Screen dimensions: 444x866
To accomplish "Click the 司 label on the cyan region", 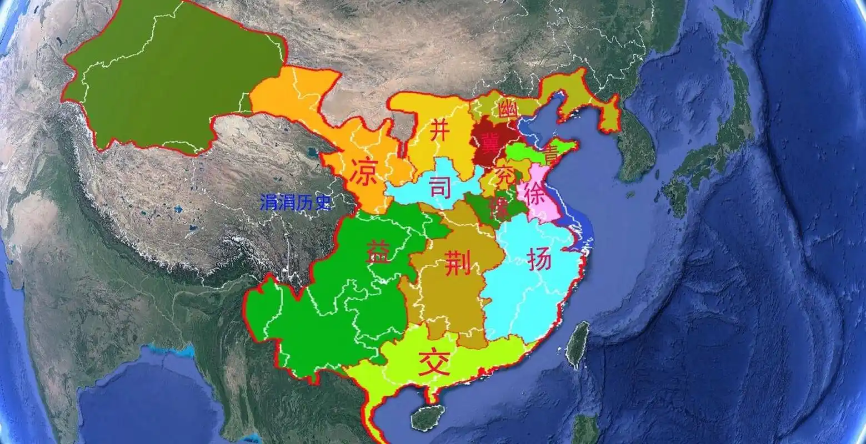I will [440, 188].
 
